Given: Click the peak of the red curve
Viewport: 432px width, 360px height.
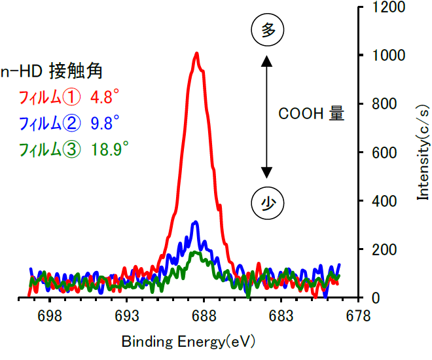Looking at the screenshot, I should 196,54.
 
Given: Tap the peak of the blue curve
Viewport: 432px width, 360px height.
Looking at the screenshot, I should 195,223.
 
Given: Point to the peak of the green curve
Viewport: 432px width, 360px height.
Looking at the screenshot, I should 194,252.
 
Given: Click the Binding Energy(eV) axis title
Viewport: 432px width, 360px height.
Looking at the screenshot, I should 189,342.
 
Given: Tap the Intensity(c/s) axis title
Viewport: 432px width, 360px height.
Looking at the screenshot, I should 422,151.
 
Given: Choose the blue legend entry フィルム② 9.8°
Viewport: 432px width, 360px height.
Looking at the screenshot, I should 69,123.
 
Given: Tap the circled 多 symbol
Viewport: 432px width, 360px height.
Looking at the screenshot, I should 266,30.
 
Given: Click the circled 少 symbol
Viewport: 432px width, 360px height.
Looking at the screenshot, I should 266,203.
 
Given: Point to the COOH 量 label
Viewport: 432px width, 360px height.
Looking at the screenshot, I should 312,114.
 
